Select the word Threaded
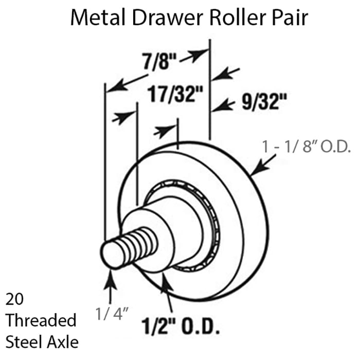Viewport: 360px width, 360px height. [41, 320]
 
